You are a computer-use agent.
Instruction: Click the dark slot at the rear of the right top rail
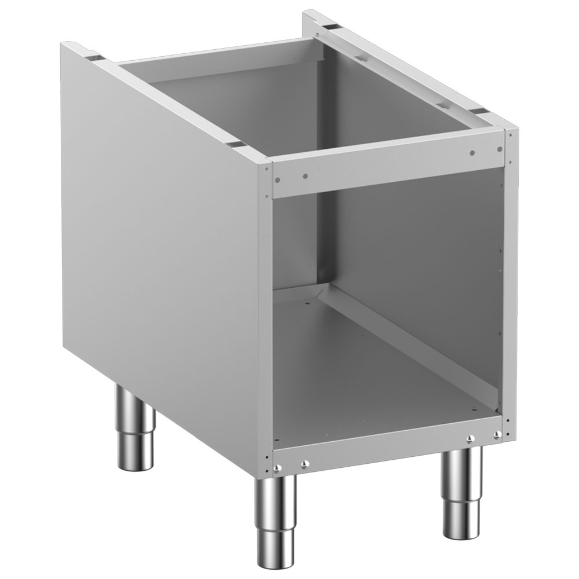(331, 27)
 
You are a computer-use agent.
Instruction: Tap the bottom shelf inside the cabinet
(382, 382)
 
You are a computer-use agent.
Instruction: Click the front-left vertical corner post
(268, 318)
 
